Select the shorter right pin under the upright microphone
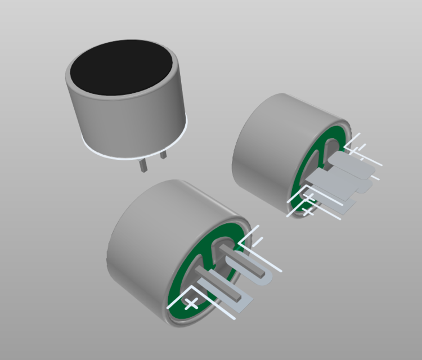click(x=163, y=154)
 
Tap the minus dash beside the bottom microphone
click(x=258, y=242)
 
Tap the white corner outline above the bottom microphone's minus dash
click(x=250, y=233)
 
